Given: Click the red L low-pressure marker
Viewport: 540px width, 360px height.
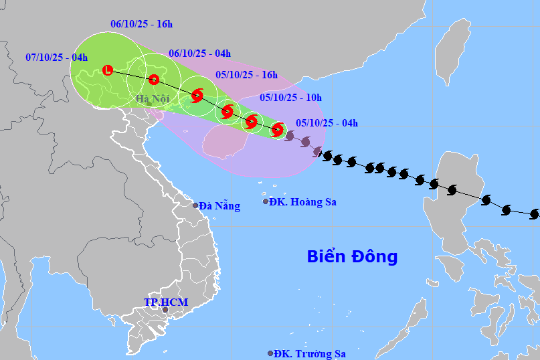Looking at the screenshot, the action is pyautogui.click(x=108, y=70).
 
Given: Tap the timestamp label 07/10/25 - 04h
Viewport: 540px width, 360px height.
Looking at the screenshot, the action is pyautogui.click(x=57, y=58).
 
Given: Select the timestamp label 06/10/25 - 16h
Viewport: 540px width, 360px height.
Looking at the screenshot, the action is pyautogui.click(x=142, y=25).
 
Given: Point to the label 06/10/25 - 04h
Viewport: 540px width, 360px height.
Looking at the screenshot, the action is pyautogui.click(x=199, y=54).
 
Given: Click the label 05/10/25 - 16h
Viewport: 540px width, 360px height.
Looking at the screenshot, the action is pyautogui.click(x=246, y=75).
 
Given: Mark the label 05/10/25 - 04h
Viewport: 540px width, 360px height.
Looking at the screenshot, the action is pyautogui.click(x=327, y=122).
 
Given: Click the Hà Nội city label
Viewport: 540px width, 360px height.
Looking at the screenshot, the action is pyautogui.click(x=153, y=100).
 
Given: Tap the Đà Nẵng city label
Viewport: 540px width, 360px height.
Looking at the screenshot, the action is pyautogui.click(x=219, y=206).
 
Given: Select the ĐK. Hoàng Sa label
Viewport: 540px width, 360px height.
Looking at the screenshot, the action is pyautogui.click(x=302, y=202).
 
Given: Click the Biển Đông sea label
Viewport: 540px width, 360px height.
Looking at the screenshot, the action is pyautogui.click(x=352, y=256).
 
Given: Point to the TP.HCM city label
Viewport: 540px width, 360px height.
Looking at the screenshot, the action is pyautogui.click(x=166, y=302).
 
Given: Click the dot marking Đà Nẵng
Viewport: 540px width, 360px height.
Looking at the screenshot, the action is pyautogui.click(x=196, y=205).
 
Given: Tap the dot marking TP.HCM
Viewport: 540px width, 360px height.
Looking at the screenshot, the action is pyautogui.click(x=165, y=310).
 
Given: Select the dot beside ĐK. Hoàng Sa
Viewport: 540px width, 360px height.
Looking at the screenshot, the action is pyautogui.click(x=266, y=201).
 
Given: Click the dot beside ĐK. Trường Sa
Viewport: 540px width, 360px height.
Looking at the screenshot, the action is pyautogui.click(x=270, y=353).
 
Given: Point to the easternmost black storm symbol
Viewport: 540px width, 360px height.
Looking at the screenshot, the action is pyautogui.click(x=534, y=214).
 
